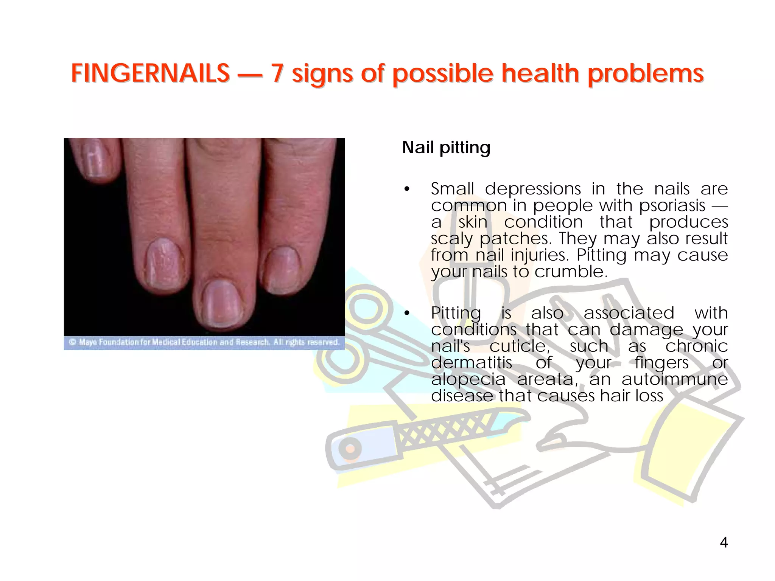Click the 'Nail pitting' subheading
(x=446, y=148)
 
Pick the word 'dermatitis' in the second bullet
(x=472, y=363)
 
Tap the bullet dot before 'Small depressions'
(x=407, y=190)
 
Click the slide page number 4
(x=724, y=542)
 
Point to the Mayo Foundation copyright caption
(x=204, y=342)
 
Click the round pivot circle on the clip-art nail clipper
(x=350, y=449)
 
